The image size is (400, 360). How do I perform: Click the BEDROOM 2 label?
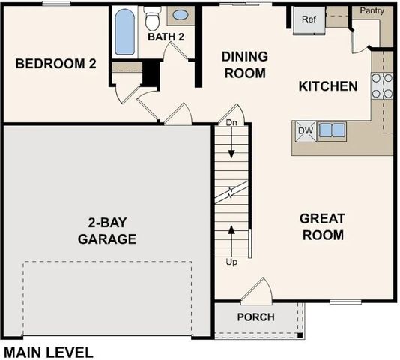tap(56, 64)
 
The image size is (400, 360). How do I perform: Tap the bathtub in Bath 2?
tap(124, 31)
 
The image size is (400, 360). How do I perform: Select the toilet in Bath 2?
tap(153, 18)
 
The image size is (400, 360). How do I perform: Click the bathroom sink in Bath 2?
tap(181, 14)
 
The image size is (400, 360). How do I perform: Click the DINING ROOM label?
tap(245, 64)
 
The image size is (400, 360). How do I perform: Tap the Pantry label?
tap(372, 11)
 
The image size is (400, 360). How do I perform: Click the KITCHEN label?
tap(328, 86)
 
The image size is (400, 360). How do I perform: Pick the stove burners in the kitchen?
tap(383, 86)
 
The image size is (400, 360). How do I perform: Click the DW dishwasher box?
tap(305, 130)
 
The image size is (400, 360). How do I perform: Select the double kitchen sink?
tap(332, 130)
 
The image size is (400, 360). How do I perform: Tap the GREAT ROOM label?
tap(322, 226)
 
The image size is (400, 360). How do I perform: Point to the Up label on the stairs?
tap(231, 262)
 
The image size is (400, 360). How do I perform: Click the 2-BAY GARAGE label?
tap(107, 230)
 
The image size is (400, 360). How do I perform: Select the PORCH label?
tap(255, 316)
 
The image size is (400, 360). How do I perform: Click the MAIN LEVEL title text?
tap(49, 352)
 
